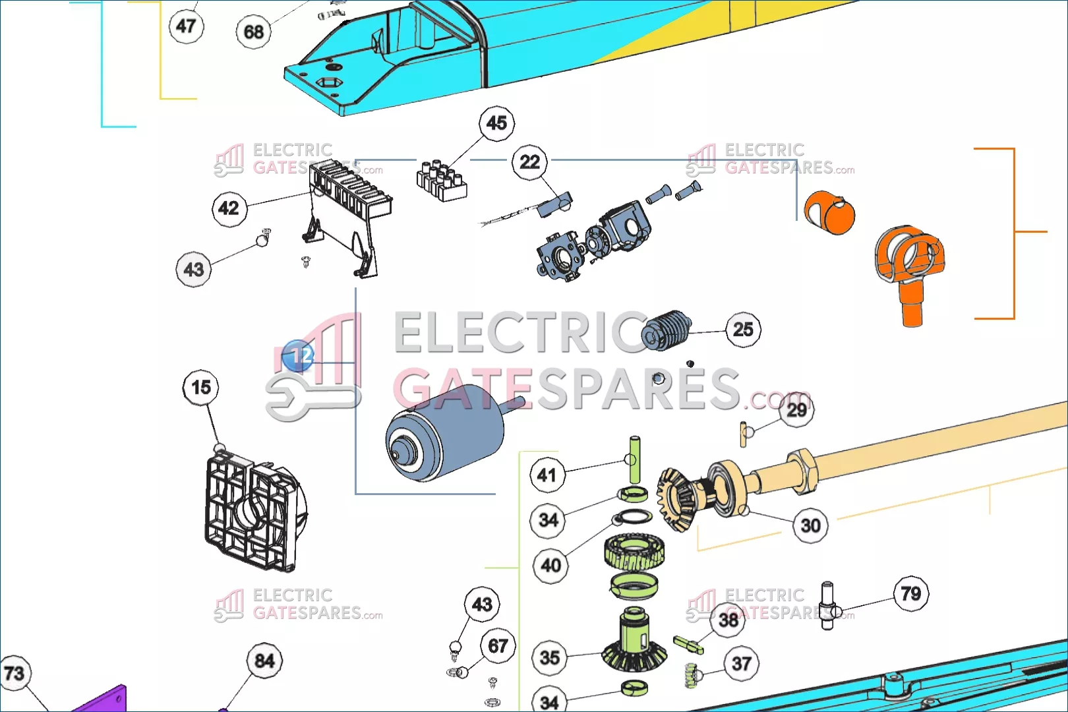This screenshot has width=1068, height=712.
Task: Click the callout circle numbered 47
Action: click(187, 26)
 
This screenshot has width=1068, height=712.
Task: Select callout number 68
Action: click(254, 32)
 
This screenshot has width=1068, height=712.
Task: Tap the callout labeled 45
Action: click(497, 123)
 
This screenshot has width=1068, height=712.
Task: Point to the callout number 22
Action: click(529, 162)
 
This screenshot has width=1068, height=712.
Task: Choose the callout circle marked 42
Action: click(229, 208)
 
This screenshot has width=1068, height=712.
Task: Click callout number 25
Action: click(743, 330)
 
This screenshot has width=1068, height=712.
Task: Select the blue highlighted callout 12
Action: click(298, 356)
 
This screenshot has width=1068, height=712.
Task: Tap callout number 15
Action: click(200, 387)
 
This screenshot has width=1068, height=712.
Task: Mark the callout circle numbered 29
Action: click(796, 409)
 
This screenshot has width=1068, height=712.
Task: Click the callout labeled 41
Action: click(547, 475)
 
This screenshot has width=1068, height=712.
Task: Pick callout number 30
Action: click(810, 525)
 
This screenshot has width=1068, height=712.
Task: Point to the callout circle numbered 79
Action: click(910, 594)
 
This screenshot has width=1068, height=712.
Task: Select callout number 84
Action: click(264, 661)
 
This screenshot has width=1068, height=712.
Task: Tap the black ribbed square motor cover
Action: click(256, 511)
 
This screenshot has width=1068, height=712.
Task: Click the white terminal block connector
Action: click(442, 181)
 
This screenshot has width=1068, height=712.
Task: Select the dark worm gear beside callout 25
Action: click(666, 330)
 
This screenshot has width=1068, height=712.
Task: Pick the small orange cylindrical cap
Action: click(829, 213)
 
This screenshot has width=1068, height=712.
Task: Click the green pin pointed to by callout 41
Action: click(635, 460)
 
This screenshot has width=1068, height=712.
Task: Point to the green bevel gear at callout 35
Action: click(634, 641)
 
